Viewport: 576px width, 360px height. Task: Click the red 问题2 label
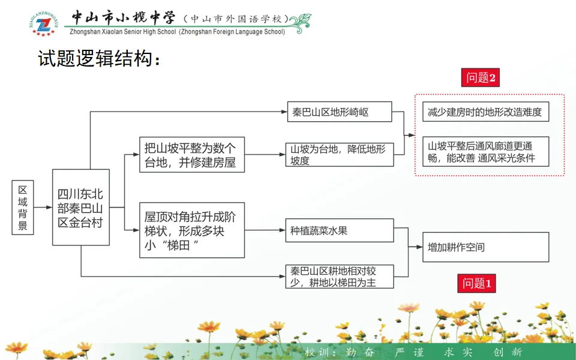tap(481, 77)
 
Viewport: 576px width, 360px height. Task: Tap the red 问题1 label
tap(478, 283)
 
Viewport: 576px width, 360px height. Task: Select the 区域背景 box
tap(23, 207)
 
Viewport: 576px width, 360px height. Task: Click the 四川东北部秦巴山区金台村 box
tap(81, 208)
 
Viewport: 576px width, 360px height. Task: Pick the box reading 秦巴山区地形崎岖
tap(339, 112)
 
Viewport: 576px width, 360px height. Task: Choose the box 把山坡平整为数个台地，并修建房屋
tap(192, 155)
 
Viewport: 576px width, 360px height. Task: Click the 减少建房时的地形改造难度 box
tap(485, 112)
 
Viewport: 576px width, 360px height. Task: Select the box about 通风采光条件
tap(485, 152)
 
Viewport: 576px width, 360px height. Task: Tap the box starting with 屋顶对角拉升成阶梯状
tap(192, 230)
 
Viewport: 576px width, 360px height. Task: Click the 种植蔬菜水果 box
tap(339, 230)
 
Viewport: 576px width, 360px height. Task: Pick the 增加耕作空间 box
tap(485, 247)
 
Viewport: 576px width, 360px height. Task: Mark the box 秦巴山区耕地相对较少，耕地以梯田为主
tap(339, 277)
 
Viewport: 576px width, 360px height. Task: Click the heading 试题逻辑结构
tap(100, 59)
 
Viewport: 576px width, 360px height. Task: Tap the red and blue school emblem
tap(43, 23)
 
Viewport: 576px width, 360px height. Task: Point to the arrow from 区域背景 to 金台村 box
tap(43, 207)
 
